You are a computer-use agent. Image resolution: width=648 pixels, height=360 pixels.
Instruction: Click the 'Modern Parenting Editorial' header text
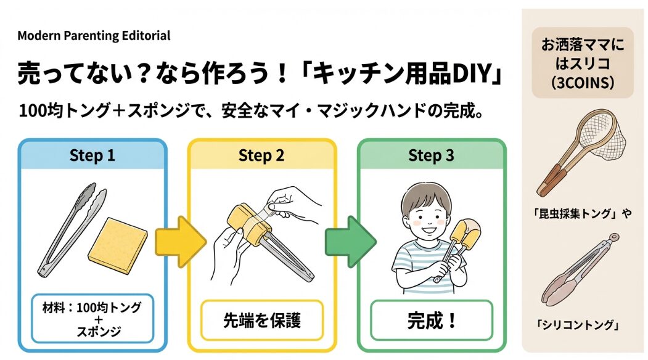(94, 36)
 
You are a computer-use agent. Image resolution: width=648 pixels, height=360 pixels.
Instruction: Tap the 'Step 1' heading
(92, 155)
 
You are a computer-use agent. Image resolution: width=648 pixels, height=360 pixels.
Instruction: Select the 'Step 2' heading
(261, 155)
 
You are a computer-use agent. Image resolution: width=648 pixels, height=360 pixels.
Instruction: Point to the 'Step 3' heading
(431, 155)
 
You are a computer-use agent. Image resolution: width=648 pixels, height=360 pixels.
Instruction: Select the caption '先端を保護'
(261, 321)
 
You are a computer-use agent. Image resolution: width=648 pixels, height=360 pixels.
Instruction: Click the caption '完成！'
(431, 321)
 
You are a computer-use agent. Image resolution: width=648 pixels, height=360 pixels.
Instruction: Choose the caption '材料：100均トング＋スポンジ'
(92, 318)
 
